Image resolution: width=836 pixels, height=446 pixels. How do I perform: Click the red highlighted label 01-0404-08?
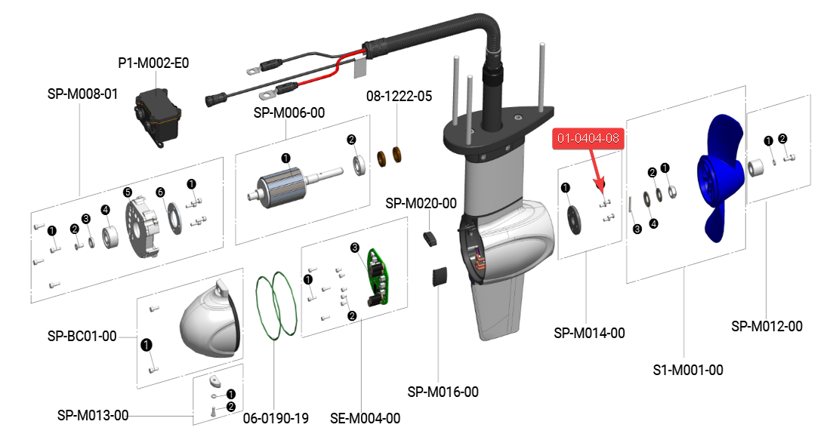(x=588, y=139)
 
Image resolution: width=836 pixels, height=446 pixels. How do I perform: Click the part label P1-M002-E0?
(x=153, y=63)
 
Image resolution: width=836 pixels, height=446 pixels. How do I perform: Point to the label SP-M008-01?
(x=82, y=94)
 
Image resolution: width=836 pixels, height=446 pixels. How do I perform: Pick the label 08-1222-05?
(x=399, y=97)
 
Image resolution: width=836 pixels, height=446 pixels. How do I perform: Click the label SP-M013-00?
(x=93, y=416)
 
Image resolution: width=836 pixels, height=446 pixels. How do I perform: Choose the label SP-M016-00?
(x=443, y=392)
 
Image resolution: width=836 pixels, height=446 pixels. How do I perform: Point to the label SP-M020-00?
(x=421, y=204)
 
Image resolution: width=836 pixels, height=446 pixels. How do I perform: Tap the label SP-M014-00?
(x=589, y=333)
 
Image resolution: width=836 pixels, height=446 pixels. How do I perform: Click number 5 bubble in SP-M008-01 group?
(x=128, y=192)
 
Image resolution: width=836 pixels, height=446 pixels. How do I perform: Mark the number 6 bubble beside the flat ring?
(x=160, y=192)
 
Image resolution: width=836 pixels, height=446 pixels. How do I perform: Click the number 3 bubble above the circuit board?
(x=354, y=248)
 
